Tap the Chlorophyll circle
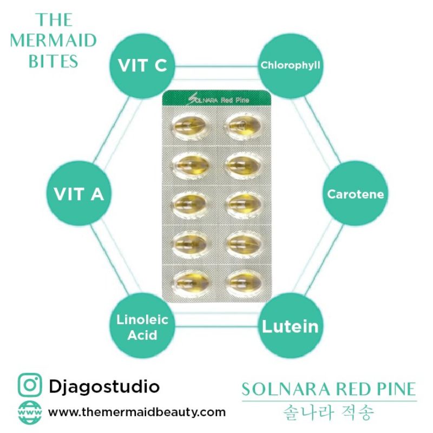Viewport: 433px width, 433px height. tap(291, 65)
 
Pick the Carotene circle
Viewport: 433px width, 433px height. tap(355, 194)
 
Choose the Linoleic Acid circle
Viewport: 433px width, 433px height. tap(142, 327)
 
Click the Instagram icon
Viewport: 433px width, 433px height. tap(30, 386)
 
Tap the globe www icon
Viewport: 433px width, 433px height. tap(30, 412)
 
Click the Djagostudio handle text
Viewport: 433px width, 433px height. tap(104, 386)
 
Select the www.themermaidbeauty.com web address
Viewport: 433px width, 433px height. tap(137, 412)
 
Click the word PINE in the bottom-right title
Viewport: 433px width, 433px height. tap(394, 389)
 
